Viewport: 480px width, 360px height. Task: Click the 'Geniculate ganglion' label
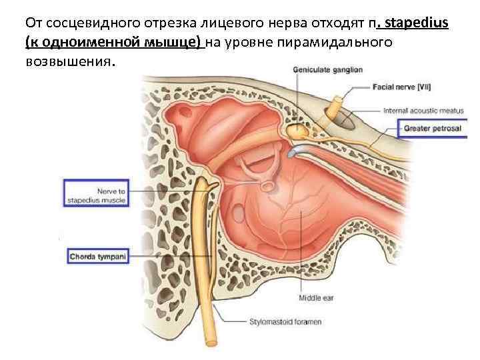(328, 68)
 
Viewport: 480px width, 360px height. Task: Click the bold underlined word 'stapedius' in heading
(415, 25)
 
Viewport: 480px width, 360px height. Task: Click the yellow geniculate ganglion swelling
(294, 132)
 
